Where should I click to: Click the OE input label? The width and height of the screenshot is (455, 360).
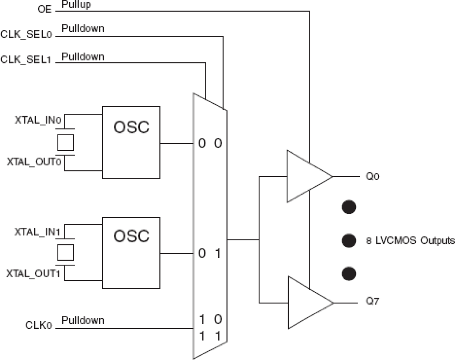[x=45, y=9]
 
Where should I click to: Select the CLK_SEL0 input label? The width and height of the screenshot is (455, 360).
[x=26, y=34]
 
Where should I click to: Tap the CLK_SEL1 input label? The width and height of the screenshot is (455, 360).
[x=26, y=59]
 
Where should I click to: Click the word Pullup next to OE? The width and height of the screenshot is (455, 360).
[x=76, y=5]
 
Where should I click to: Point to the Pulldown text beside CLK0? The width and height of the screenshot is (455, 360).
[x=83, y=320]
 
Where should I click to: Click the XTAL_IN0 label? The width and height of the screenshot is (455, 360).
[x=38, y=120]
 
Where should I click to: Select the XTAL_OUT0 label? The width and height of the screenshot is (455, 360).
[x=34, y=162]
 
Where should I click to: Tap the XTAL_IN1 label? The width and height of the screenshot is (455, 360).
[x=37, y=232]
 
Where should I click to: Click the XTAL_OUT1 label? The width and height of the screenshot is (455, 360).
[x=33, y=274]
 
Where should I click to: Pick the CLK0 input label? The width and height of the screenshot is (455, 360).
[x=39, y=325]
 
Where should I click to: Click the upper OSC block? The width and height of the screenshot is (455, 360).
[x=131, y=142]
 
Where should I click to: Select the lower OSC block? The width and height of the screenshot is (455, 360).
[x=131, y=253]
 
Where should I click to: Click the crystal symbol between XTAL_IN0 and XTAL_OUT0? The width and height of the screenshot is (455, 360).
[x=66, y=142]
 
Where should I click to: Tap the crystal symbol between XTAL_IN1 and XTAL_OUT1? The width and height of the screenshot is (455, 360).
[x=66, y=252]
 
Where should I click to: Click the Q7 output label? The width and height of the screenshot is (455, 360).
[x=372, y=301]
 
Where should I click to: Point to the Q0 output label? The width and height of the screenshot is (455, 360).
[x=372, y=177]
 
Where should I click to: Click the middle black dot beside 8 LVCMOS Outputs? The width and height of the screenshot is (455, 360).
[x=349, y=240]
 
